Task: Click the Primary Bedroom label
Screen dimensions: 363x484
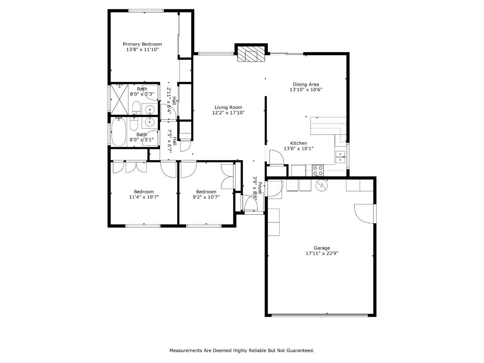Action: click(142, 44)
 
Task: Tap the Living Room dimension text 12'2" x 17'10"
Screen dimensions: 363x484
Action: click(228, 113)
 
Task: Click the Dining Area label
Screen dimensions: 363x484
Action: click(306, 84)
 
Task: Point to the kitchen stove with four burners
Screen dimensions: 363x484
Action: click(318, 171)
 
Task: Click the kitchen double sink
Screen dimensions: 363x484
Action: click(340, 157)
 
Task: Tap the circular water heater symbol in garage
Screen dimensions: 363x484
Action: click(321, 186)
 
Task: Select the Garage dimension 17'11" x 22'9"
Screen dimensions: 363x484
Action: click(322, 253)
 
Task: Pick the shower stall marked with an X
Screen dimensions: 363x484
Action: click(119, 99)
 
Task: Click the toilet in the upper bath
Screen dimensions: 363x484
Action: click(136, 107)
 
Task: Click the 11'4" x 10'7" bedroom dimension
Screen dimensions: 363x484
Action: click(144, 197)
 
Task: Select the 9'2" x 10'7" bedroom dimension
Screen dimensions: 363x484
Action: click(206, 197)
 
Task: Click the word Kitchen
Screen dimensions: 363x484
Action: click(298, 143)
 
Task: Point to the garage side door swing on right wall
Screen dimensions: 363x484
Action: click(365, 213)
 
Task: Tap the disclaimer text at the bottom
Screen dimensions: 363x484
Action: click(242, 351)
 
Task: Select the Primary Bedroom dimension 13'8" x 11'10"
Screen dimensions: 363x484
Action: click(142, 49)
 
